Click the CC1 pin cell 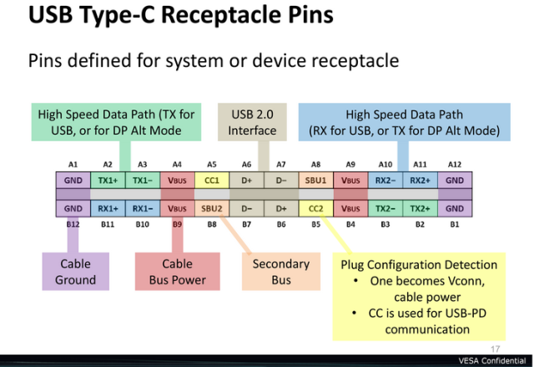(212, 180)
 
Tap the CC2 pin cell (315, 208)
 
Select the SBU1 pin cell (315, 180)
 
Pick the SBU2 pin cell (212, 208)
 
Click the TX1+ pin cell (108, 180)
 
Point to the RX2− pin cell (385, 180)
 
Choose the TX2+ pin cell (421, 208)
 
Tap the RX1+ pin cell (108, 208)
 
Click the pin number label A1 (73, 165)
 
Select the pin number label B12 (73, 224)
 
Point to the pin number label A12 (455, 165)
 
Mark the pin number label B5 (315, 224)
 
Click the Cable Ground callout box (76, 272)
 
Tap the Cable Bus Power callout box (178, 272)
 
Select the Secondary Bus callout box (281, 272)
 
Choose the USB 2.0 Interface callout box (252, 122)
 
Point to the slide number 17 (495, 349)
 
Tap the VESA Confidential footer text (492, 361)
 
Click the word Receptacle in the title (222, 15)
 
